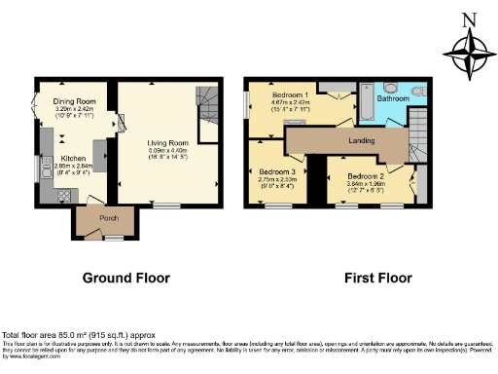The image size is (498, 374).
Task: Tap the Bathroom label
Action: [394, 99]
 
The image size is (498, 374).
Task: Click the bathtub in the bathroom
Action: [362, 117]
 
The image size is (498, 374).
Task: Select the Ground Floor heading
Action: [125, 278]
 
